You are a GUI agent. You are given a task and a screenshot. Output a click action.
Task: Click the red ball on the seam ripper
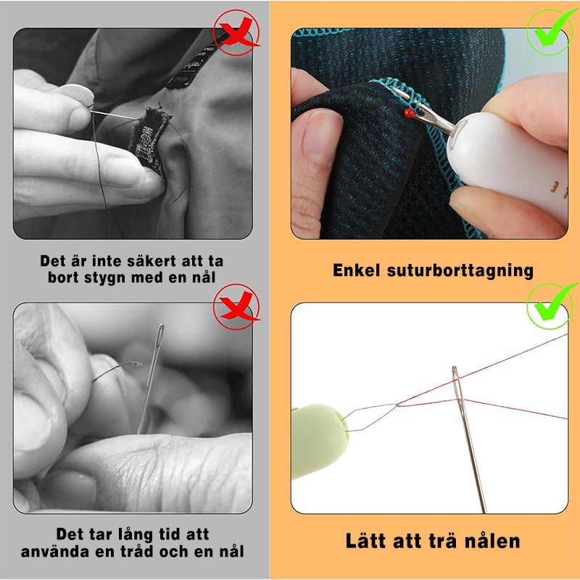point(409,113)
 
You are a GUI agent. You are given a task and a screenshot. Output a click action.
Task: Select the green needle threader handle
point(320,441)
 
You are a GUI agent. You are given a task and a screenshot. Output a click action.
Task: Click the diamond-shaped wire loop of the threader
point(370,418)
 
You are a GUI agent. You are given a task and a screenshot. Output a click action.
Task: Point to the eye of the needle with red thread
point(457,385)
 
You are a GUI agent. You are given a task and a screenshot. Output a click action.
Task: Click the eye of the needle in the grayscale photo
point(159,336)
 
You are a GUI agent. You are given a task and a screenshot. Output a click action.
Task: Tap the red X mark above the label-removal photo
point(237,33)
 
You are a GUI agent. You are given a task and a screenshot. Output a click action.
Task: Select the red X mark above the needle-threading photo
point(237,306)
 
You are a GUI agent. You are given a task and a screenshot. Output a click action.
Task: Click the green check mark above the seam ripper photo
point(552,31)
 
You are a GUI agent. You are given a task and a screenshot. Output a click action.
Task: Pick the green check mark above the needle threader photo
point(552,305)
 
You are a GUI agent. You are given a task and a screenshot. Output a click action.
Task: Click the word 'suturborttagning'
point(460,270)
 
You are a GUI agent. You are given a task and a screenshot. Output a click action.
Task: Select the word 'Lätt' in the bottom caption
point(367,540)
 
